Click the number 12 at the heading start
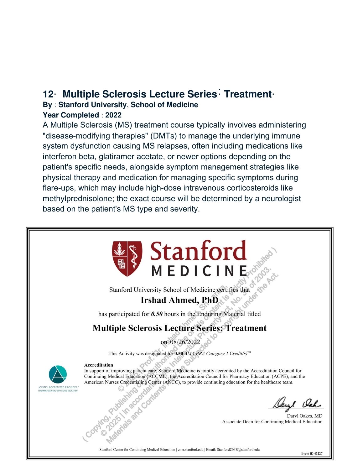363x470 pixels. (48, 94)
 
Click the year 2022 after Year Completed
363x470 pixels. (113, 115)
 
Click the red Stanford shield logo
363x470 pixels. (127, 258)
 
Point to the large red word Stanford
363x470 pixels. (198, 251)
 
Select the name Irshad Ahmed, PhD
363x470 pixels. (179, 300)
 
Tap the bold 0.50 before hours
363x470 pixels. (157, 314)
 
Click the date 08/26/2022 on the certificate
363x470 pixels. (185, 342)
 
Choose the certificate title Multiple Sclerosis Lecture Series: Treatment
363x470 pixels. (179, 328)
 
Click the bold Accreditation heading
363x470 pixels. (99, 365)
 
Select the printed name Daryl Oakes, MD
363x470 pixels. (304, 416)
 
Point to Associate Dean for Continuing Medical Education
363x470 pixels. (272, 422)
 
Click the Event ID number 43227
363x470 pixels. (318, 453)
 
